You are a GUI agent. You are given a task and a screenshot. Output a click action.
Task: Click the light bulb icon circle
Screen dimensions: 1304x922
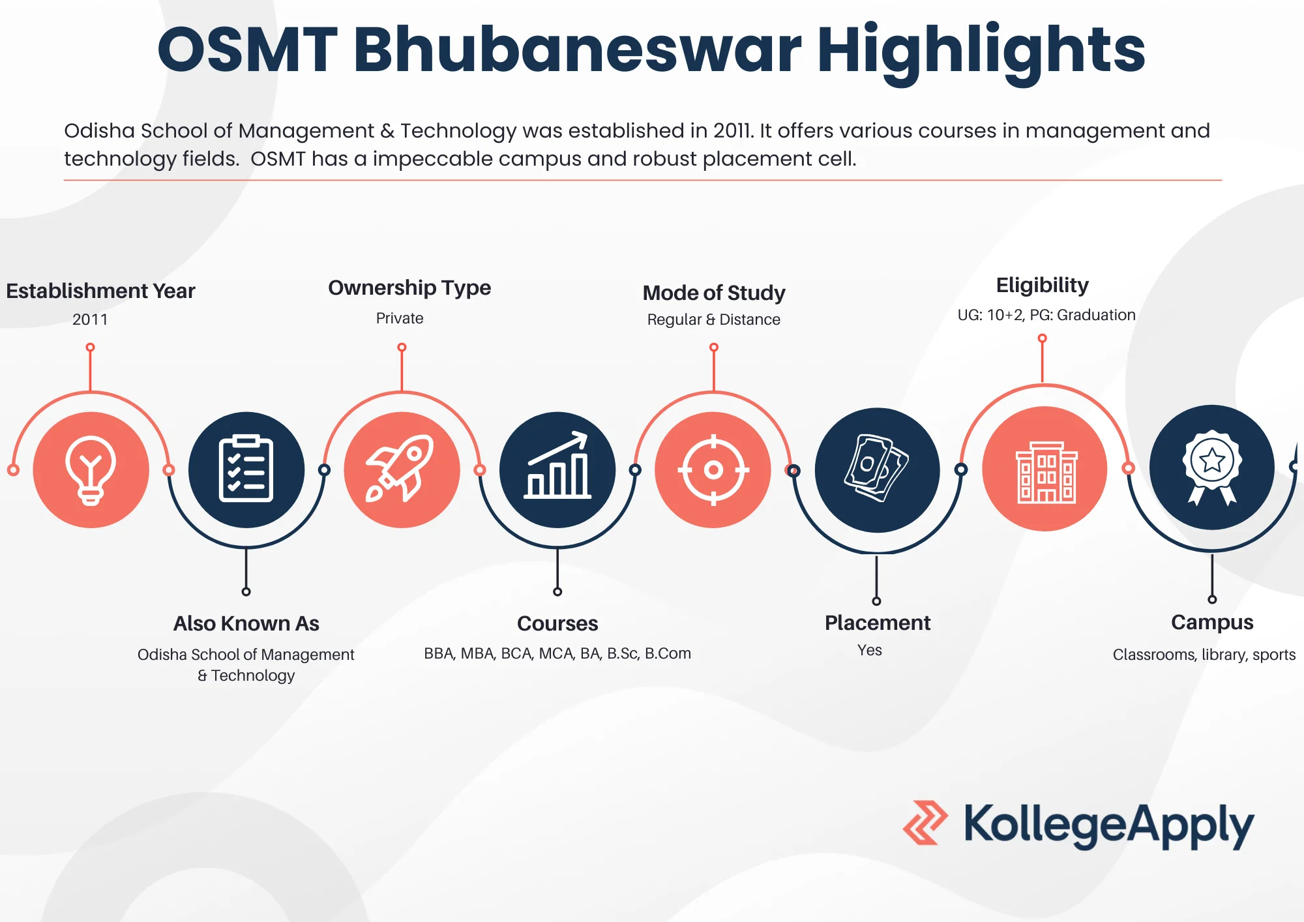click(91, 469)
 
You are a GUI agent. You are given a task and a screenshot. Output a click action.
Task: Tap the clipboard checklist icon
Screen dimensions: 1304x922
click(246, 469)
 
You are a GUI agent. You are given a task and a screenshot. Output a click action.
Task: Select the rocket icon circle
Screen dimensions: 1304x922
click(402, 469)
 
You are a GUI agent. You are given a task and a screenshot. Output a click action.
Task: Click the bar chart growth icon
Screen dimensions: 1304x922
click(557, 466)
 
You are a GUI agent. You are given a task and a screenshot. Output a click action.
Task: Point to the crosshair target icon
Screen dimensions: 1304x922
click(713, 469)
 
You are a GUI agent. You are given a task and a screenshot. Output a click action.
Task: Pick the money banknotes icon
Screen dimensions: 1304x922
click(877, 468)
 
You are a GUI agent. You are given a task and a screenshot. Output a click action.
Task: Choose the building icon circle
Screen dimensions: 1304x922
click(1045, 469)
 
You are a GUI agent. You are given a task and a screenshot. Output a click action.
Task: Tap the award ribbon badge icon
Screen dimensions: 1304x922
click(1212, 468)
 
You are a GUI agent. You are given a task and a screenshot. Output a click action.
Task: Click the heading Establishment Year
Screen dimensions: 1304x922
click(100, 291)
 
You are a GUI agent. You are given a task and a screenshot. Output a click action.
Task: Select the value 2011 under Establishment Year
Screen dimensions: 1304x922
click(90, 320)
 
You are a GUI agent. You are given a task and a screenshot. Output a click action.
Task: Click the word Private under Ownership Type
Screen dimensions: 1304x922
click(400, 318)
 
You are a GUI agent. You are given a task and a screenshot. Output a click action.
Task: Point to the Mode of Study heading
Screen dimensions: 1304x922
click(714, 293)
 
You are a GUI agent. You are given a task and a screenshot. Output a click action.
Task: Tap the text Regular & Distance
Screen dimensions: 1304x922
click(714, 320)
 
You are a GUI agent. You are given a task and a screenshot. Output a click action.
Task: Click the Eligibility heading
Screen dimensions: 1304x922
click(1043, 286)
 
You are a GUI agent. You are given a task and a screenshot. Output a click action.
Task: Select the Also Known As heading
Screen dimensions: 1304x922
click(246, 623)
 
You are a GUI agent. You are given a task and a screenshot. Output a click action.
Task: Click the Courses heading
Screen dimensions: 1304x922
click(557, 623)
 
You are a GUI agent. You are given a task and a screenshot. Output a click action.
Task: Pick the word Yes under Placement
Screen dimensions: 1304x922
click(870, 650)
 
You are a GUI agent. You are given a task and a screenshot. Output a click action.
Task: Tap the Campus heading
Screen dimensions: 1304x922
click(1212, 623)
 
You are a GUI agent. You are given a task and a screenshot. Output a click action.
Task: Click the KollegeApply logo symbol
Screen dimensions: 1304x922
click(925, 823)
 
